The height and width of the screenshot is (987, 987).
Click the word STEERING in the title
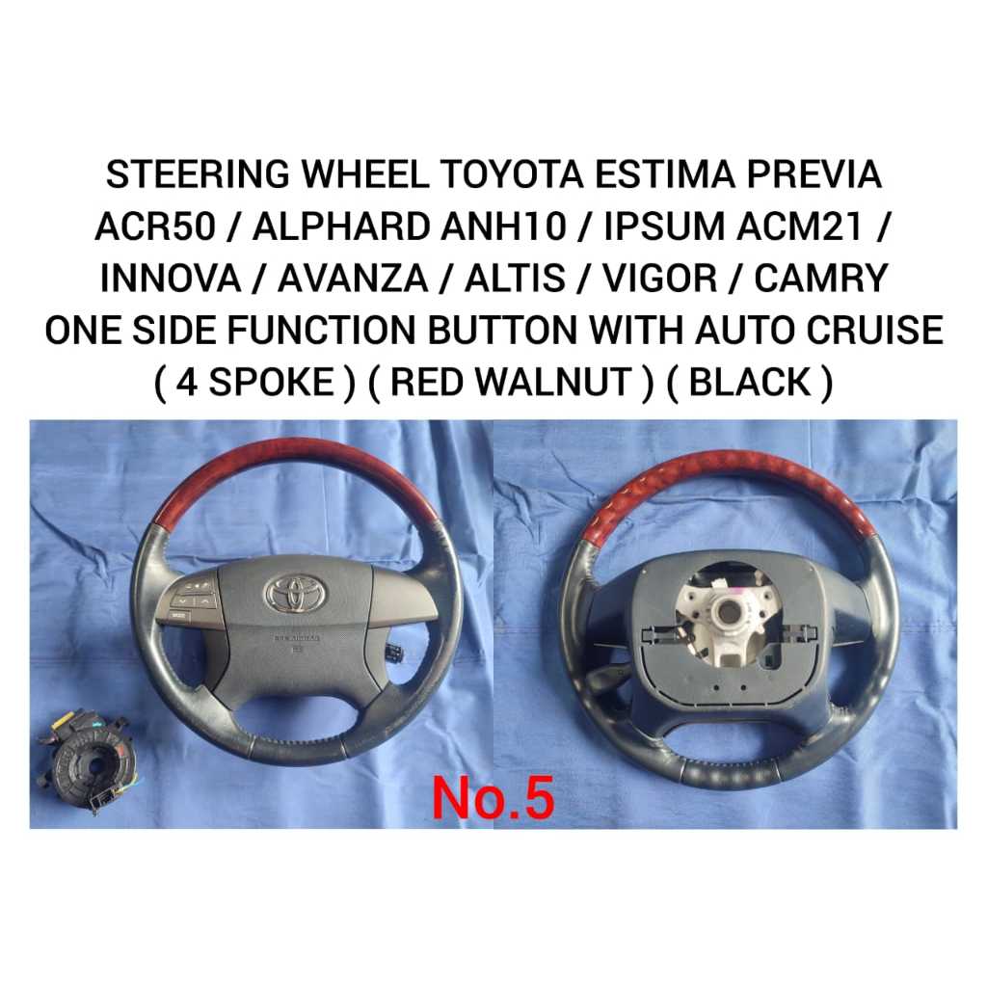pos(198,174)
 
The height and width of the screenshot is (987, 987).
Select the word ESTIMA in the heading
pos(665,174)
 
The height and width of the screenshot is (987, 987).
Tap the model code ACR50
pos(155,226)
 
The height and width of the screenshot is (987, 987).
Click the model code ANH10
pos(503,226)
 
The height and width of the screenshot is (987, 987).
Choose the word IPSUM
pos(663,226)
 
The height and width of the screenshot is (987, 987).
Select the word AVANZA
pos(353,279)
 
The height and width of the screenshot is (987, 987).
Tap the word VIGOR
pos(660,279)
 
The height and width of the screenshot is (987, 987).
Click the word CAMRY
pos(821,279)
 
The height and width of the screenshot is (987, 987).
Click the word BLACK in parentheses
pos(750,382)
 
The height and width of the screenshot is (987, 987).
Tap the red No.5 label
pos(493,797)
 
